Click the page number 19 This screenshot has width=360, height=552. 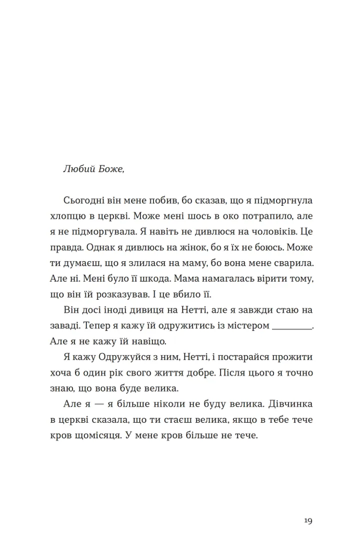[308, 521]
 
